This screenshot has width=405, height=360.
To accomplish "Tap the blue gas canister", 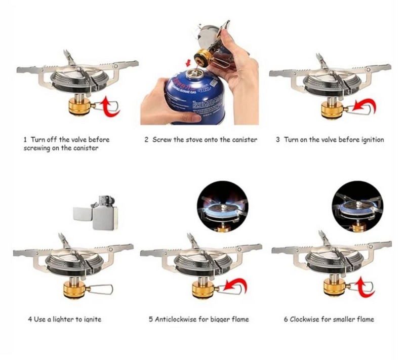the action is click(195, 97).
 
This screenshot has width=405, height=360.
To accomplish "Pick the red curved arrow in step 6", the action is click(365, 288).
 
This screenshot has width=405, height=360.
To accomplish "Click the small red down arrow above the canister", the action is click(189, 62).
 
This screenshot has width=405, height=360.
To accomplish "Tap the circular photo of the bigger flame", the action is click(223, 206).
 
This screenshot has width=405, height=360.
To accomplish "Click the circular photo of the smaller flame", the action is click(357, 206).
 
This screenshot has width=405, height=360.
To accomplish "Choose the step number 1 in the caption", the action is click(25, 140).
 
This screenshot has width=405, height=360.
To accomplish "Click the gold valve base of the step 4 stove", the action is click(74, 290).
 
